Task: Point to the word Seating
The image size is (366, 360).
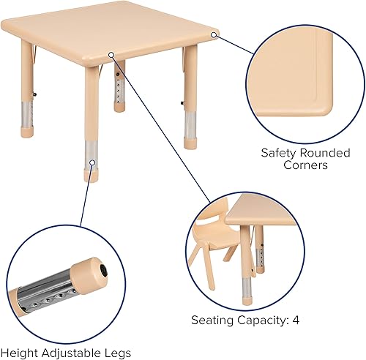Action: pyautogui.click(x=213, y=320)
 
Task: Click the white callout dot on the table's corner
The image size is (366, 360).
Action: pyautogui.click(x=214, y=33)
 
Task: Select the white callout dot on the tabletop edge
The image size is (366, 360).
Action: pyautogui.click(x=111, y=53)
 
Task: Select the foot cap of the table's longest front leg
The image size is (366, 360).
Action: pyautogui.click(x=91, y=176)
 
